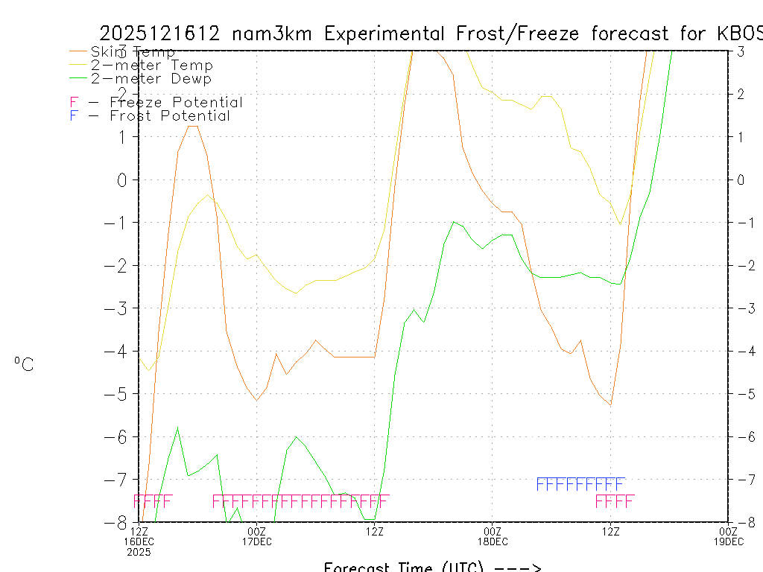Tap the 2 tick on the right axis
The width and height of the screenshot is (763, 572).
[741, 94]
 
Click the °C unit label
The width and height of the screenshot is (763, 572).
[24, 364]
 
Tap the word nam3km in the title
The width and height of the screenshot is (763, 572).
[271, 34]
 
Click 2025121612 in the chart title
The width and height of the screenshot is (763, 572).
[160, 34]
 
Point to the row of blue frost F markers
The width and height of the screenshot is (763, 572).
[580, 484]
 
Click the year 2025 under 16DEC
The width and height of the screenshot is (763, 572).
[139, 552]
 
